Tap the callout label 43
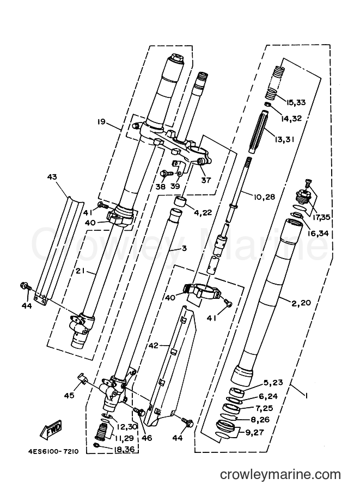point(52,176)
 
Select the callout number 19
point(101,121)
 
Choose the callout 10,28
point(264,197)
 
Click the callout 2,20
point(301,303)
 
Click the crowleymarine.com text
point(280,475)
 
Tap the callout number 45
point(70,395)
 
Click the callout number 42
point(154,345)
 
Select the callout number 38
point(161,186)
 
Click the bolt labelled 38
point(166,174)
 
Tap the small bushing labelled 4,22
point(180,201)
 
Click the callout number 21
point(81,271)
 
